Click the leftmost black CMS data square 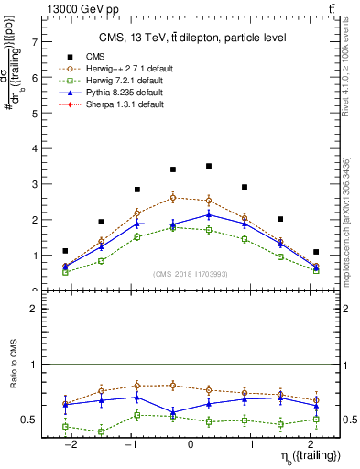click(65, 250)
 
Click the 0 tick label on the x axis click(191, 443)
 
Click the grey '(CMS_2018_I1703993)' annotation click(190, 274)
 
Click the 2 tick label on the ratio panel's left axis click(35, 310)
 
